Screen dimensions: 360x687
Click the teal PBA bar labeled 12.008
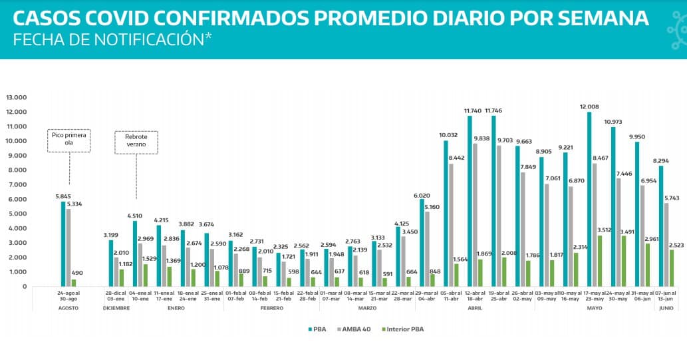click(x=589, y=200)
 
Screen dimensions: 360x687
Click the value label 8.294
click(x=661, y=160)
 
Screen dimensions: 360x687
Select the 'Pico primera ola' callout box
click(x=69, y=140)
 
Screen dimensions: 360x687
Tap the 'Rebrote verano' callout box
click(x=136, y=142)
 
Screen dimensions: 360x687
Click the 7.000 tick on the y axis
click(x=18, y=185)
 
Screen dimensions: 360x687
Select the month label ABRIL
click(x=474, y=307)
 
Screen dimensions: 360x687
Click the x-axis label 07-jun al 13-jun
click(x=665, y=295)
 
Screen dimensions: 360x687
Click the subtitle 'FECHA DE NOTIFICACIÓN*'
click(x=112, y=39)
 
